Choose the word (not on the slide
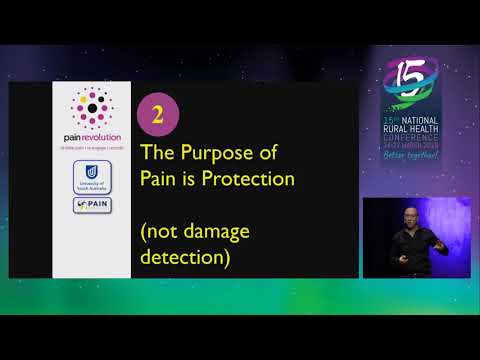tap(164, 232)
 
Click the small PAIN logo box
tap(91, 204)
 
